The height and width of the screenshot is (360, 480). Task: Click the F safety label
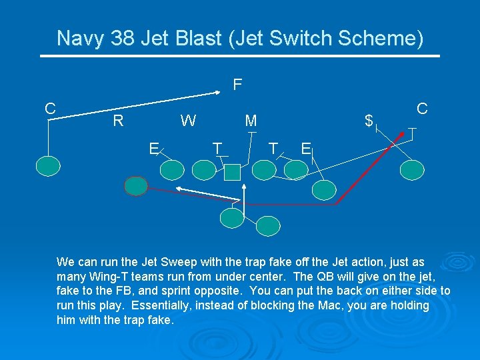237,85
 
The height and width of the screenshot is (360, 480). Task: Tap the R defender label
118,121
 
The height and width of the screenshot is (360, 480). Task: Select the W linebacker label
188,121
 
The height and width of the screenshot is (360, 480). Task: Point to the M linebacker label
251,121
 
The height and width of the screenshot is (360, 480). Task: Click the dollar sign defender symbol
368,121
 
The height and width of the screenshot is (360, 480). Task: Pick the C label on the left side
50,109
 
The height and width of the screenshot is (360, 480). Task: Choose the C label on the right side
421,108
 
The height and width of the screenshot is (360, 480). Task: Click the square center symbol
232,173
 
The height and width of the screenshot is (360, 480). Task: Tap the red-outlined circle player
136,186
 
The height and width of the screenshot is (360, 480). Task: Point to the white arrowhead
179,190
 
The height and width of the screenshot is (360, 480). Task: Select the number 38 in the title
123,39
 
